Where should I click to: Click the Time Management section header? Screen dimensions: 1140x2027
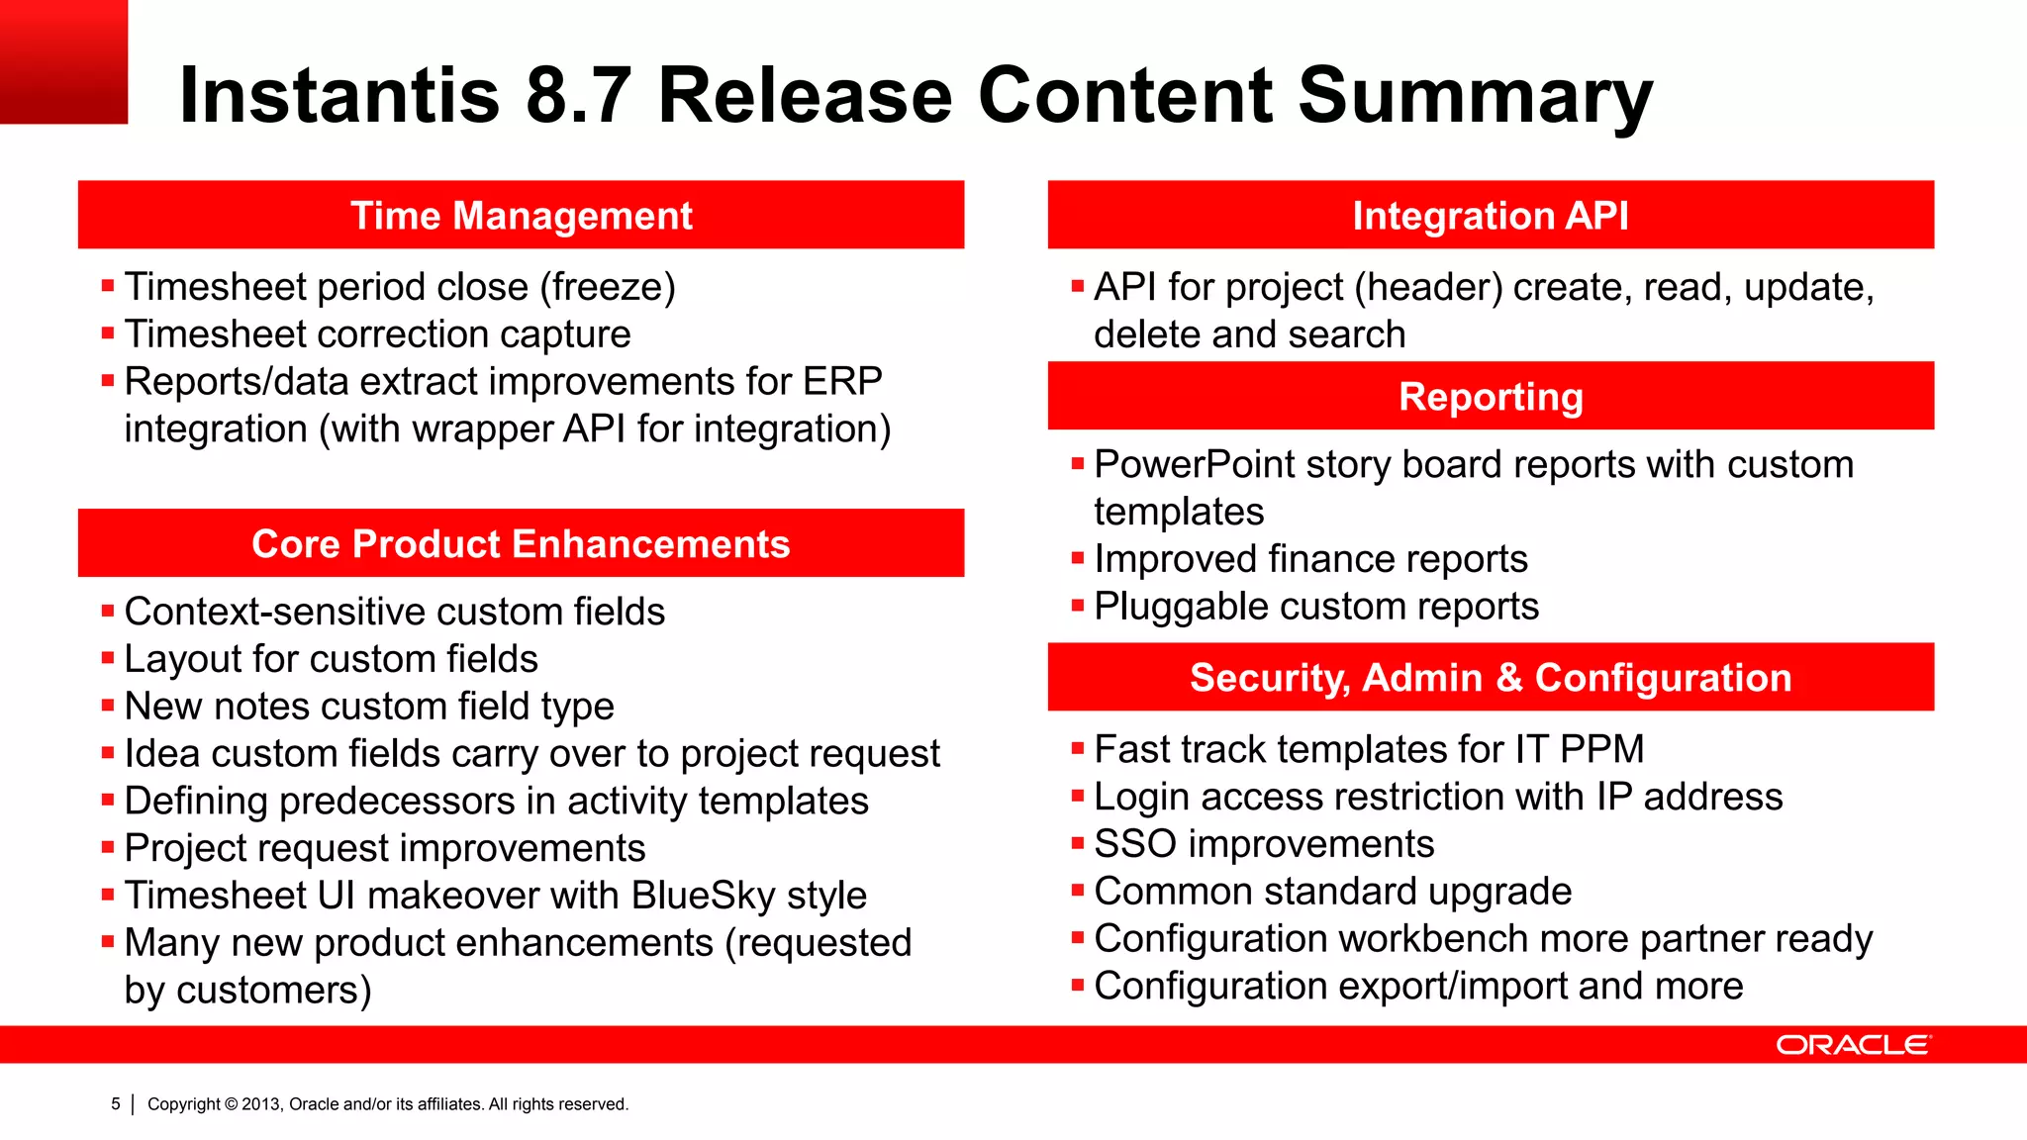[522, 216]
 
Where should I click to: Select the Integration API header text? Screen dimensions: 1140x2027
[1490, 216]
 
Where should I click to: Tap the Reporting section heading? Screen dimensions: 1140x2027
[1490, 397]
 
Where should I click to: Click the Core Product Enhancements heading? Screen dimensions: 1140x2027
[521, 544]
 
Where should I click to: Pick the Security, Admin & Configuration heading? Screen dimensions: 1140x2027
[1490, 678]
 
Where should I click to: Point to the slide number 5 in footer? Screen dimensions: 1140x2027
[116, 1103]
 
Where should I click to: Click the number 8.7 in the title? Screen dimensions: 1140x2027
[578, 95]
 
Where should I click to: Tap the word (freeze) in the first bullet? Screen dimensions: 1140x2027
[608, 287]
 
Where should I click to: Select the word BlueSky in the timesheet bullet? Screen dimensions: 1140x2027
[703, 896]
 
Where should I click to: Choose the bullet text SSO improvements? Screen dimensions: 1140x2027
[1264, 844]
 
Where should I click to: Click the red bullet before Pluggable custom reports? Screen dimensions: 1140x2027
[1078, 606]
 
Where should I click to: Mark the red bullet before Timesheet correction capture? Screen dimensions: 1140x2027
[108, 333]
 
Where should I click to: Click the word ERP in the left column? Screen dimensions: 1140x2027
[842, 381]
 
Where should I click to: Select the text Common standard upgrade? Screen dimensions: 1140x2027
[1332, 892]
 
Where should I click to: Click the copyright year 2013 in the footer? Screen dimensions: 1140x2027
[261, 1104]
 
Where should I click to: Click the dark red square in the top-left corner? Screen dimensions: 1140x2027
[63, 61]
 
